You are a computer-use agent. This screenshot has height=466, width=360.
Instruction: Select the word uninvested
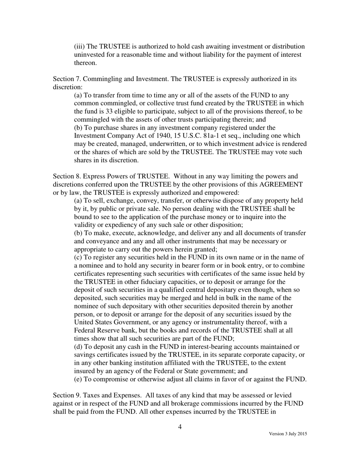click(x=89, y=55)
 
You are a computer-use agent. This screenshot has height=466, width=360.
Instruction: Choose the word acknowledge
click(x=138, y=233)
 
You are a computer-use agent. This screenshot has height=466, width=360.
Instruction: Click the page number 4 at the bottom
click(x=180, y=427)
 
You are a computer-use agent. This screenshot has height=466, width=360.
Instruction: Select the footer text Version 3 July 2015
click(x=288, y=434)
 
